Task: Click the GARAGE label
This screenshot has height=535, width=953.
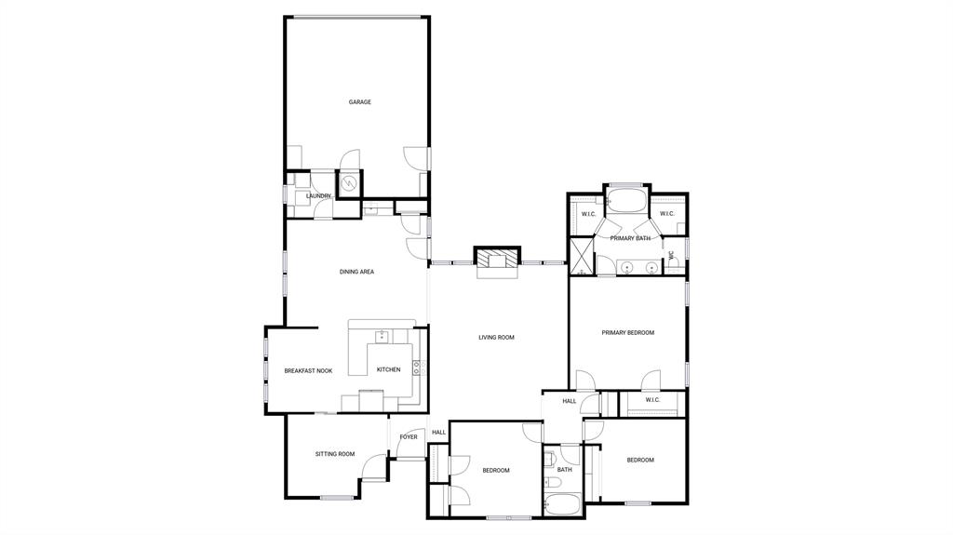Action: pyautogui.click(x=359, y=102)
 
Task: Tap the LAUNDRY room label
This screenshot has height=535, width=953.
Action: pyautogui.click(x=318, y=196)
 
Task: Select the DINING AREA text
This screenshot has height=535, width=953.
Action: pyautogui.click(x=356, y=272)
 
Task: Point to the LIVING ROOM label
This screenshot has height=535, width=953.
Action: pyautogui.click(x=496, y=338)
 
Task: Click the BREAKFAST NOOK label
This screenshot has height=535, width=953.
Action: pyautogui.click(x=308, y=371)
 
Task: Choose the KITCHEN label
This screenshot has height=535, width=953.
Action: pyautogui.click(x=389, y=370)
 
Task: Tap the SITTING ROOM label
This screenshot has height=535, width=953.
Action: pyautogui.click(x=334, y=454)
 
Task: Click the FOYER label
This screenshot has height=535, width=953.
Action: pyautogui.click(x=409, y=436)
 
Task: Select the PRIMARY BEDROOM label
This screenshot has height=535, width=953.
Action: pyautogui.click(x=627, y=333)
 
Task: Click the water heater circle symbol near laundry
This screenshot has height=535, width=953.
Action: pyautogui.click(x=349, y=183)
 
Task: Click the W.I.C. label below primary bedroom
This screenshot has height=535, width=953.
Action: pyautogui.click(x=651, y=400)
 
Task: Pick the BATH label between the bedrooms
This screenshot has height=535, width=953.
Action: pyautogui.click(x=564, y=470)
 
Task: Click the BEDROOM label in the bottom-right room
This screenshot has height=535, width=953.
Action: pyautogui.click(x=639, y=460)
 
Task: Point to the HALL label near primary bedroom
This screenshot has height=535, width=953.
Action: pyautogui.click(x=569, y=401)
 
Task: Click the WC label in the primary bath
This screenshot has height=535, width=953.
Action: pyautogui.click(x=670, y=254)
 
